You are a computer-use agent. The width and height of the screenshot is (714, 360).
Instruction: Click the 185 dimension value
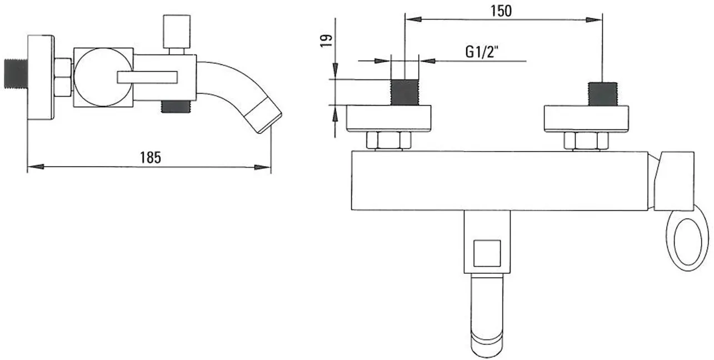[151, 157]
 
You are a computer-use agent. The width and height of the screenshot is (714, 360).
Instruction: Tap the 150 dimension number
[501, 11]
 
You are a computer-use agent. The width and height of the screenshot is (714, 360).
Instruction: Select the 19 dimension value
[326, 41]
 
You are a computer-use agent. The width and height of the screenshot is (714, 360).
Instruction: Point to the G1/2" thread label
[482, 52]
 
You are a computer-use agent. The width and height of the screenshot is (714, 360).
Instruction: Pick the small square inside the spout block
[487, 253]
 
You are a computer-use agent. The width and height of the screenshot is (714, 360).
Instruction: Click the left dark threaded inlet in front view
[405, 92]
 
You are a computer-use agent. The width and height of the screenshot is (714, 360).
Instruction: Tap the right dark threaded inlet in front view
[602, 94]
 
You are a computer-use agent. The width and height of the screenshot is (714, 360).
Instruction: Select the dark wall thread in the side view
[16, 73]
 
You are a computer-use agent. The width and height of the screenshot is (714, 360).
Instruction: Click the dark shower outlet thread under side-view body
[176, 107]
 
